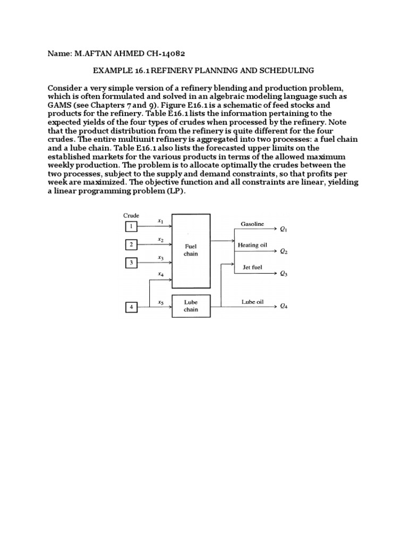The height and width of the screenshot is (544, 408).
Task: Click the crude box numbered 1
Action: tap(130, 227)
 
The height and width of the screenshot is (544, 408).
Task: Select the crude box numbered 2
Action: tap(130, 245)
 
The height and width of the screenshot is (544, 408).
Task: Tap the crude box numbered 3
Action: tap(130, 263)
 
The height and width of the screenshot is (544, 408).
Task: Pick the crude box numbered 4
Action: tap(130, 307)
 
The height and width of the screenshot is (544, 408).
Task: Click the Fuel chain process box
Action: tap(191, 250)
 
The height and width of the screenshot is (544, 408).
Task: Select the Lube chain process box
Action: tap(191, 306)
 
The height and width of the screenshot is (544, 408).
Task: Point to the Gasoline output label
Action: tap(252, 224)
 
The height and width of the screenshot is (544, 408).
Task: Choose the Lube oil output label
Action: tap(252, 302)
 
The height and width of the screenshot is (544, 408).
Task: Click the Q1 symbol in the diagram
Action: tap(284, 229)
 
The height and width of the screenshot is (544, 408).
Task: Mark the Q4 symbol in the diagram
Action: tap(284, 307)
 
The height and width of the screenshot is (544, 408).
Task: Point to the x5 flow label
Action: tap(160, 303)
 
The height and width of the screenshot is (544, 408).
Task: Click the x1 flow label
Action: tap(160, 220)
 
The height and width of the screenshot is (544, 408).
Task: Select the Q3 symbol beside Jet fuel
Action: tap(284, 274)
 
